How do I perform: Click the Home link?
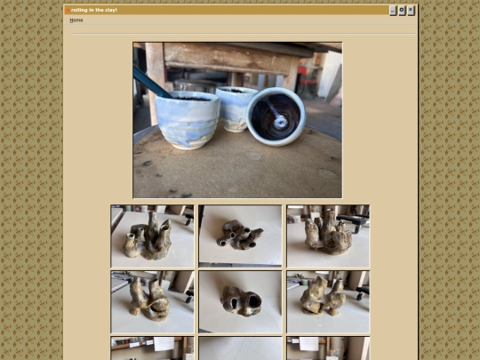pos(76,20)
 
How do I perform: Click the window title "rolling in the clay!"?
pos(94,10)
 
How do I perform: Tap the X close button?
pos(411,11)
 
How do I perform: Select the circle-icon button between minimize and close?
pos(402,11)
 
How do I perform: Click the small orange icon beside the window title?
pos(68,11)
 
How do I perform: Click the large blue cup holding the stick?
pos(187,120)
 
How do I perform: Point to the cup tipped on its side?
pos(276,116)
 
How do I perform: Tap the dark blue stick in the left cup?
pos(152,82)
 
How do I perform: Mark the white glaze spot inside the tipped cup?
pos(281,123)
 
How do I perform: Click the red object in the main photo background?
pos(302,73)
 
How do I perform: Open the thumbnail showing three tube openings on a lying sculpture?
pos(240,236)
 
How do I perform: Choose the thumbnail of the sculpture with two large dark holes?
pos(240,302)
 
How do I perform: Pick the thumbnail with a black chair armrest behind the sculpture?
pos(328,236)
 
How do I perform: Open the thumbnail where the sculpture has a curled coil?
pos(153,302)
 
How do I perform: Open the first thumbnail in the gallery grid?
pos(153,236)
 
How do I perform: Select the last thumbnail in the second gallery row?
pos(328,302)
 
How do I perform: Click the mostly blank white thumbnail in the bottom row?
pos(240,348)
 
